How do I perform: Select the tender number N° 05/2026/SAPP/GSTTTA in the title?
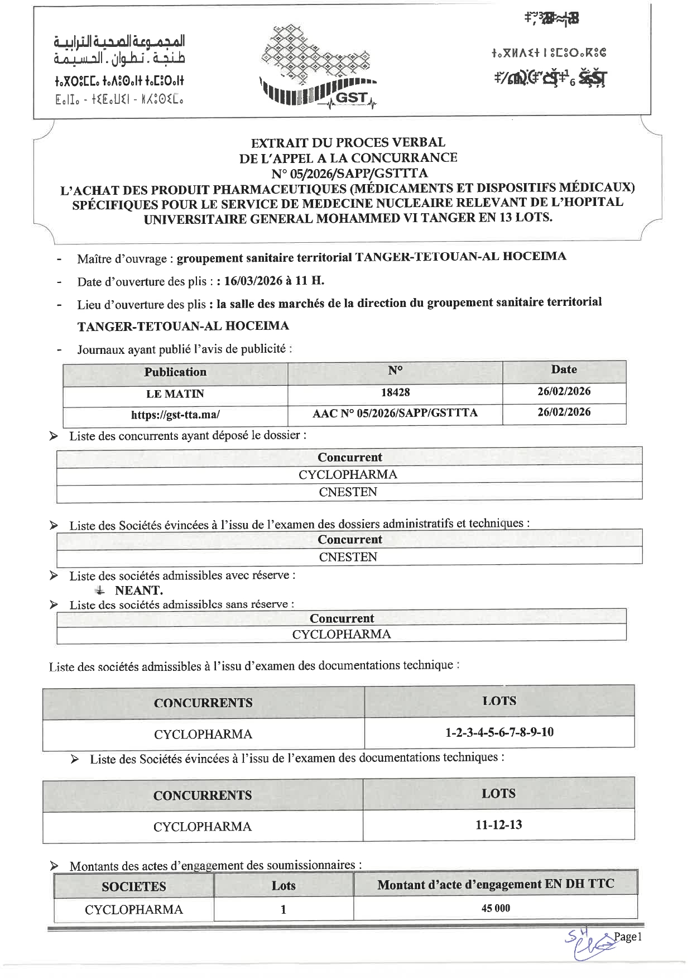pos(349,173)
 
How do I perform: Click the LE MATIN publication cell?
pos(175,393)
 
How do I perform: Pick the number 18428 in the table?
pos(395,392)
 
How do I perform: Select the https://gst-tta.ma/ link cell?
pos(175,415)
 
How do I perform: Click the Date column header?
pos(564,369)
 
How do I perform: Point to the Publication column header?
pos(175,372)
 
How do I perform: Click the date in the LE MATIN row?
pos(564,391)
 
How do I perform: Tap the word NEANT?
pos(139,590)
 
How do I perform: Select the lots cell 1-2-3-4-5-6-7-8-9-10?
pos(499,732)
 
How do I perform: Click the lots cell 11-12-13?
pos(499,824)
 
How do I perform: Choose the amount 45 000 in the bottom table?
pos(496,908)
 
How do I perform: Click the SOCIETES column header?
pos(134,886)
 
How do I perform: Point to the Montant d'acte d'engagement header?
pos(496,884)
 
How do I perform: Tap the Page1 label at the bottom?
pos(628,937)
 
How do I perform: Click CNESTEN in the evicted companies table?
pos(348,556)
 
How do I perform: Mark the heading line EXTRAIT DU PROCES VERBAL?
pos(348,143)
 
